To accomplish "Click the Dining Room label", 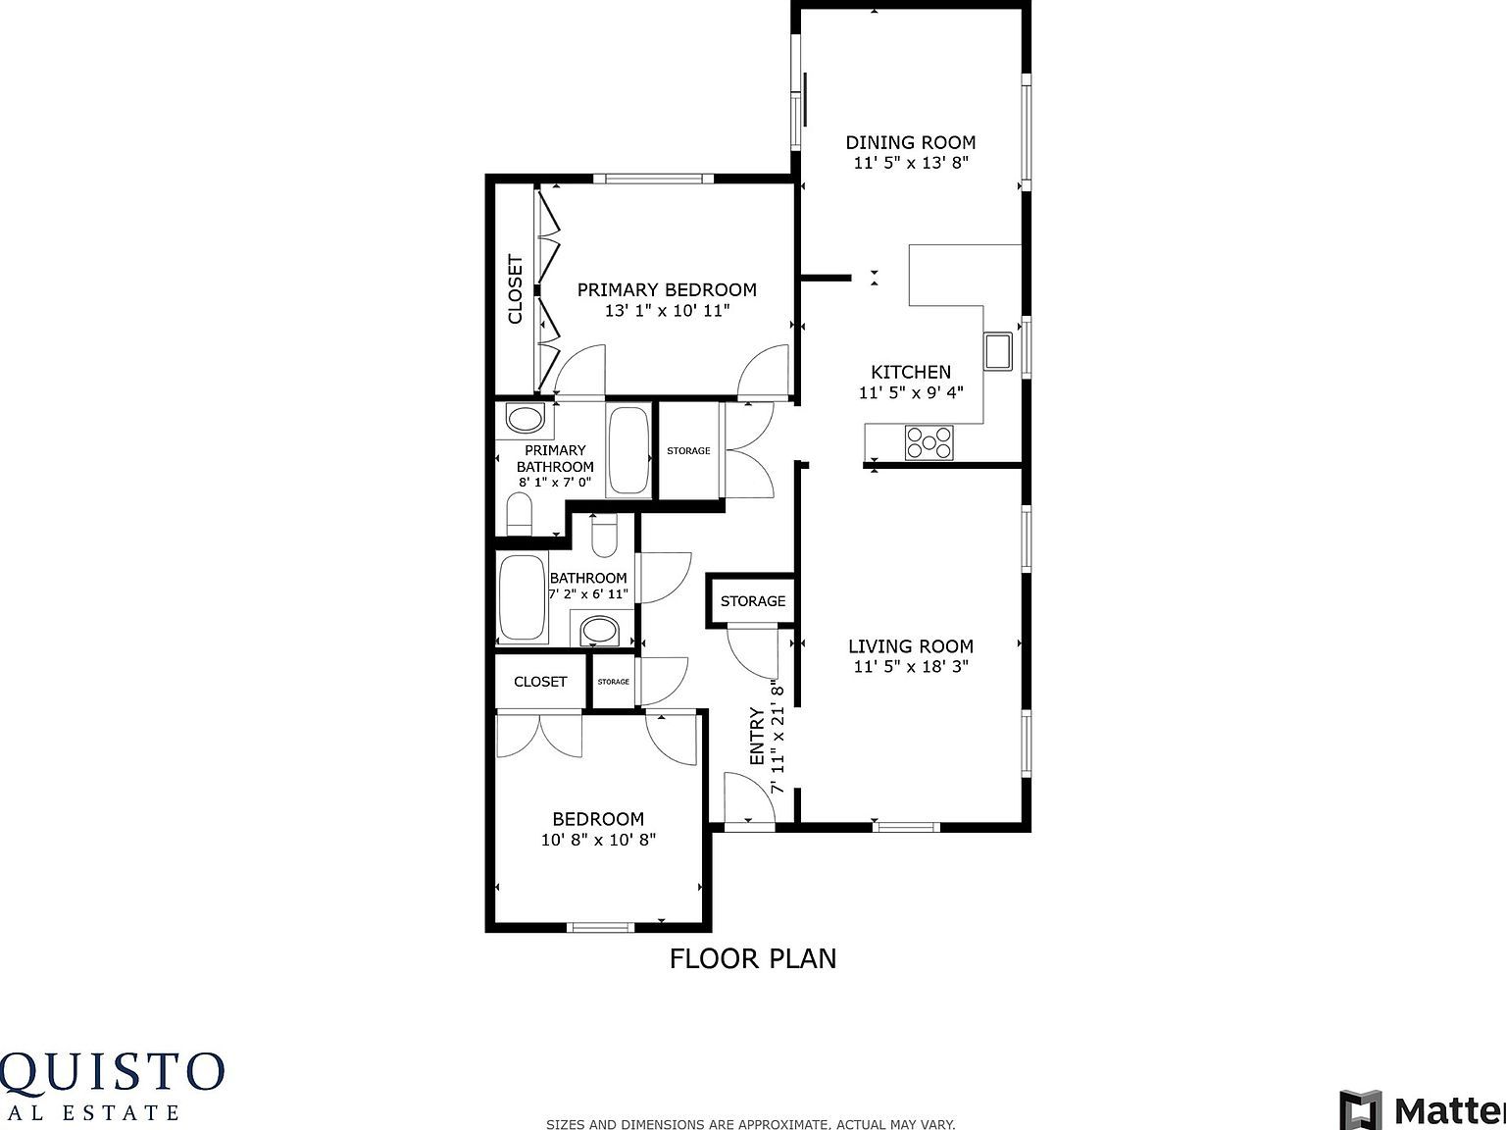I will pyautogui.click(x=910, y=142).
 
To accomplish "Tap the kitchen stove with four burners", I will pyautogui.click(x=929, y=442).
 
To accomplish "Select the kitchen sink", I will pyautogui.click(x=998, y=350).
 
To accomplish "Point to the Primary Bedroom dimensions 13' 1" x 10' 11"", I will pyautogui.click(x=667, y=311).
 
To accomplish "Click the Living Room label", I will pyautogui.click(x=910, y=645).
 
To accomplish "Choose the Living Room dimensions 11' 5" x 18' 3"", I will pyautogui.click(x=910, y=667).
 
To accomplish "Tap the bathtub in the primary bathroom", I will pyautogui.click(x=627, y=451).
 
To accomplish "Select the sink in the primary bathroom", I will pyautogui.click(x=525, y=420).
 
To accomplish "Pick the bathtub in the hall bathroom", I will pyautogui.click(x=521, y=597).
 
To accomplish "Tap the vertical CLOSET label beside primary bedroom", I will pyautogui.click(x=515, y=289).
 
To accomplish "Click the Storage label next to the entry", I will pyautogui.click(x=752, y=600).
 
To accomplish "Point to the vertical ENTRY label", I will pyautogui.click(x=757, y=737).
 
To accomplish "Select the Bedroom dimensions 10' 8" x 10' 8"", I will pyautogui.click(x=598, y=840).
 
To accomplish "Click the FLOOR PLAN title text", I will pyautogui.click(x=752, y=958).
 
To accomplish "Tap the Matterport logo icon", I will pyautogui.click(x=1360, y=1109).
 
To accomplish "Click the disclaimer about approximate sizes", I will pyautogui.click(x=750, y=1124).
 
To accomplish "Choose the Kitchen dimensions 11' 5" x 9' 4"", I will pyautogui.click(x=911, y=393).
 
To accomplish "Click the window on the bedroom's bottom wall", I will pyautogui.click(x=601, y=927).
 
